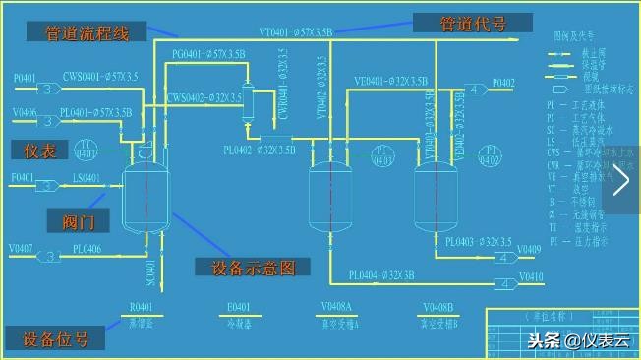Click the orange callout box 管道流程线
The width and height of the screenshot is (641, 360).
click(x=87, y=31)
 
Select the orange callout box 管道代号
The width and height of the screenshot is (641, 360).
click(x=472, y=23)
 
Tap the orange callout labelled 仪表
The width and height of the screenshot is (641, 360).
click(x=38, y=150)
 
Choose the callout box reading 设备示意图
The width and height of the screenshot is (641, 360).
click(x=253, y=267)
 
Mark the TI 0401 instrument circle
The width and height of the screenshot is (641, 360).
click(x=87, y=150)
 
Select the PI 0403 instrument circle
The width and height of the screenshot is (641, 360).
click(x=384, y=156)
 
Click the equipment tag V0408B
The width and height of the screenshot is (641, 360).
click(x=439, y=308)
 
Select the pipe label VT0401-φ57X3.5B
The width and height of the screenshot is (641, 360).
click(x=295, y=32)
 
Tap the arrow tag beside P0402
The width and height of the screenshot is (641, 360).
click(x=475, y=90)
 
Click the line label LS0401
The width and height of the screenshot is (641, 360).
click(x=87, y=178)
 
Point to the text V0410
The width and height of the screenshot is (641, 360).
click(x=530, y=276)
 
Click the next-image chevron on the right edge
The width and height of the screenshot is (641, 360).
click(x=622, y=180)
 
